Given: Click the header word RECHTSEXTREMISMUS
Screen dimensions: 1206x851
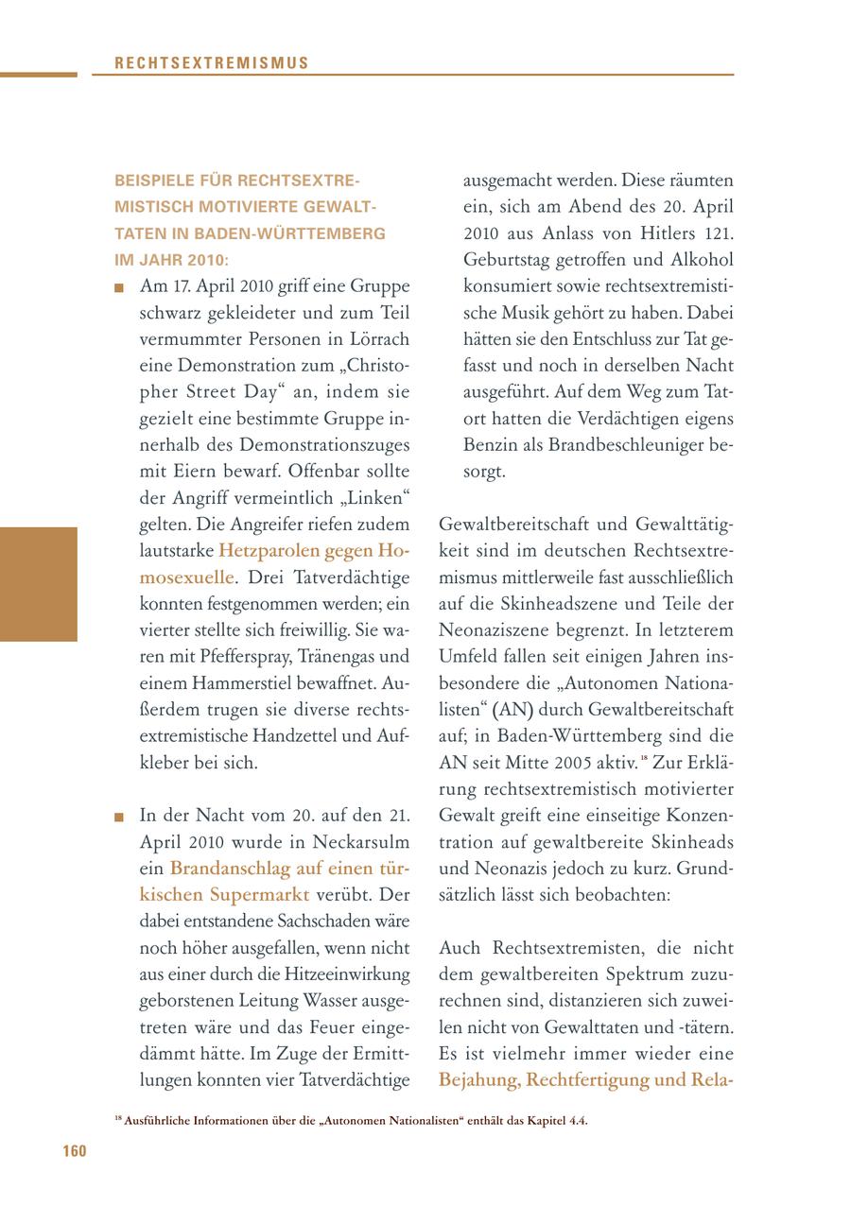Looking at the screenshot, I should [x=212, y=63].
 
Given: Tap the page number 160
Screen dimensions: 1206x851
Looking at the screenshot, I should [x=75, y=1150].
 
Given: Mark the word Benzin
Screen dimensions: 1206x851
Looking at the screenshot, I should [x=491, y=444].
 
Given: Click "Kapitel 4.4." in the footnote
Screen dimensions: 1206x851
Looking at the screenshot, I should [x=554, y=1121].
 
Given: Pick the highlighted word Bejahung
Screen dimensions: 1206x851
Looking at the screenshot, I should [x=478, y=1079].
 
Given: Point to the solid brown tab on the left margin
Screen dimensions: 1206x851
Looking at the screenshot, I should [x=38, y=584].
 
